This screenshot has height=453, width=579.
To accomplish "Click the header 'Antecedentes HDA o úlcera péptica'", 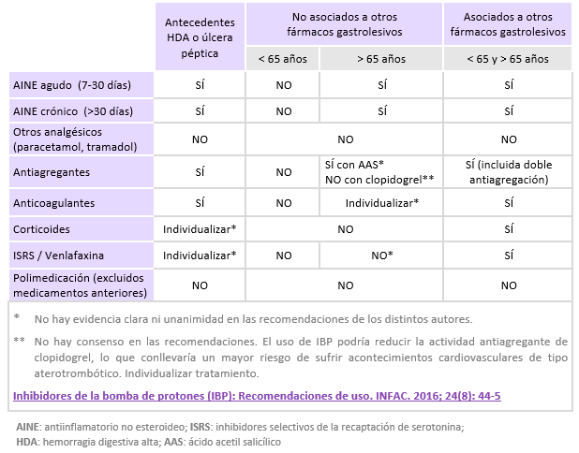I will click(200, 37).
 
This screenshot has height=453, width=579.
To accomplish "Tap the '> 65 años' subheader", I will click(381, 58).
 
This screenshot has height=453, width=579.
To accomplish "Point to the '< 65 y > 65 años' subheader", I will click(508, 58).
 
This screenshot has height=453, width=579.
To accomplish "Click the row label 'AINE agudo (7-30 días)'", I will click(73, 84).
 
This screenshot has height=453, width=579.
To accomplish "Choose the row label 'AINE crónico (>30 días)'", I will click(73, 110).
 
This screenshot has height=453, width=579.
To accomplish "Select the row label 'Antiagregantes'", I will click(52, 172).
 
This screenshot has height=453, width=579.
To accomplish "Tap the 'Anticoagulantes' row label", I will click(54, 202).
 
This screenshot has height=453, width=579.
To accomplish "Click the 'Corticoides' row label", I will click(42, 228).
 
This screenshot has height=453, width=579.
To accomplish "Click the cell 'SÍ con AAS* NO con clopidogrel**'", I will click(379, 172).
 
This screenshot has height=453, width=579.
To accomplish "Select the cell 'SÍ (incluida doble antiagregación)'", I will click(508, 172).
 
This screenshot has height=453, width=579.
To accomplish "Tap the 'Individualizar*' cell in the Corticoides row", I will click(200, 228).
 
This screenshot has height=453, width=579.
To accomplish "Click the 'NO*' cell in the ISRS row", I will click(381, 255).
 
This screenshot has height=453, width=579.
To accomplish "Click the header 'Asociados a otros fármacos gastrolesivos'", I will click(508, 23).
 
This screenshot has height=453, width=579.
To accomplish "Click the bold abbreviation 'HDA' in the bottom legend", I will click(28, 442).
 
